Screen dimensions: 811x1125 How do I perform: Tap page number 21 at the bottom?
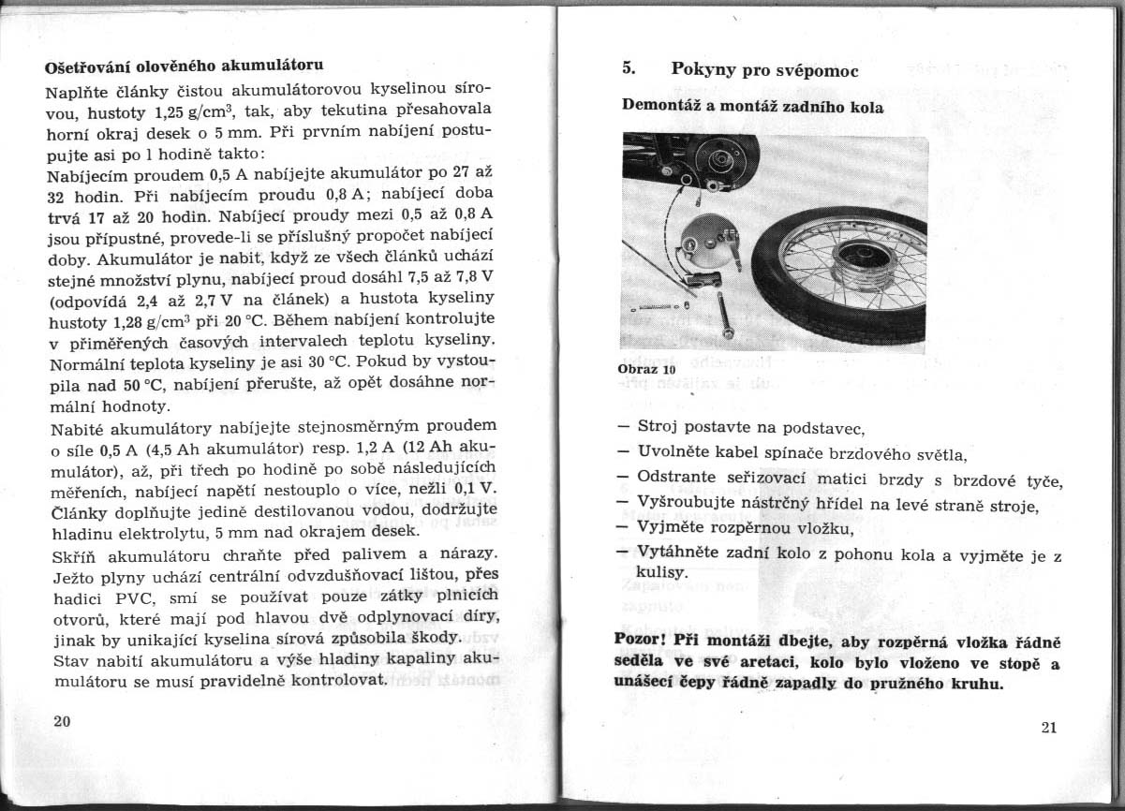tap(1049, 730)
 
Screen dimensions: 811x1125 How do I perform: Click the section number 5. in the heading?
tap(629, 68)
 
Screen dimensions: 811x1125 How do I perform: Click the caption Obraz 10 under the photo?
tap(647, 369)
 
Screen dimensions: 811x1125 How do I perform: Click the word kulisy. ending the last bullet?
tap(662, 571)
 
